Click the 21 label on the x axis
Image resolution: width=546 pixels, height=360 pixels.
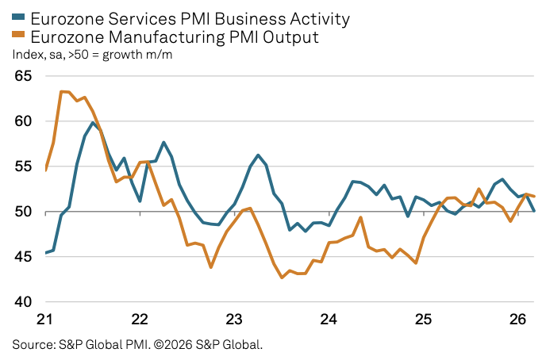[44, 320]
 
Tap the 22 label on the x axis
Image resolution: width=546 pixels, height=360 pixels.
[140, 320]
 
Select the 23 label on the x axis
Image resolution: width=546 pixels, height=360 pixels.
[234, 320]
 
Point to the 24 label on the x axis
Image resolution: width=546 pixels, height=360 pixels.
[329, 320]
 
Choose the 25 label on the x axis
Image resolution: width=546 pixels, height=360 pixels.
[423, 320]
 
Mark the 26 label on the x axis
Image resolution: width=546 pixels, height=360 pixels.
[517, 320]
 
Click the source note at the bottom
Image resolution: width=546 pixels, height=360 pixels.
[136, 345]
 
